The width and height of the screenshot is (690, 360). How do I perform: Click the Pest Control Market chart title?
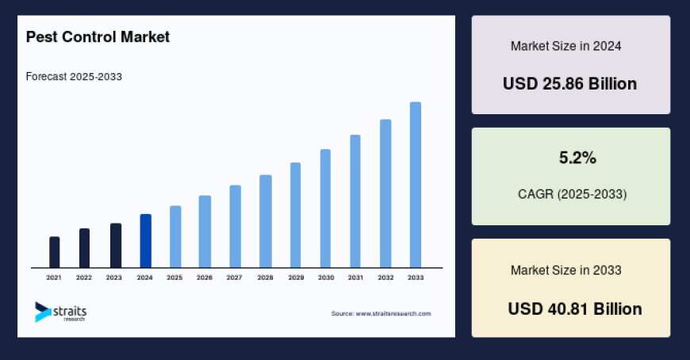click(x=98, y=37)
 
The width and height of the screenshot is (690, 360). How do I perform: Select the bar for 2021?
click(x=54, y=252)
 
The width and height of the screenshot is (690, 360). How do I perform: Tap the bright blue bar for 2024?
click(x=145, y=241)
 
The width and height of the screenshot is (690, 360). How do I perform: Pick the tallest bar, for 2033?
click(x=415, y=185)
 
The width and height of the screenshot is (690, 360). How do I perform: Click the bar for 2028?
click(x=266, y=221)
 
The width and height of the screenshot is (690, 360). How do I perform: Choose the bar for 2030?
click(x=325, y=209)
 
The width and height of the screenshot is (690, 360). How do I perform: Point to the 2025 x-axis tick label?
click(x=174, y=278)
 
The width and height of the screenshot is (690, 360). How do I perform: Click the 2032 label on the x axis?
click(x=385, y=278)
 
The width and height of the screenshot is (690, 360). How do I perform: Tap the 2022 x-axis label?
click(x=84, y=278)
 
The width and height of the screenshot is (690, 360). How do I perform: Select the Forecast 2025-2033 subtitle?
click(x=74, y=77)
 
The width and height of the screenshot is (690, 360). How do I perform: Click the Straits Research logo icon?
click(x=42, y=312)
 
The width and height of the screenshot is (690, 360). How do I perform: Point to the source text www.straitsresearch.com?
click(x=381, y=314)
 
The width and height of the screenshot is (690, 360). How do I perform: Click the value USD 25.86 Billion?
click(x=569, y=83)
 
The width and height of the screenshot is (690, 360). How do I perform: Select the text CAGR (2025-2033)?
click(x=571, y=193)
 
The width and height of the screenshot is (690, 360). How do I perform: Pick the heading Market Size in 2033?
click(x=565, y=270)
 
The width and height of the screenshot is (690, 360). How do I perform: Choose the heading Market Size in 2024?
click(x=565, y=46)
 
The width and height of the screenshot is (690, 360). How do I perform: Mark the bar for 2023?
click(x=115, y=246)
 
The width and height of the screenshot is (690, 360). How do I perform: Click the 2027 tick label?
click(x=235, y=278)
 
